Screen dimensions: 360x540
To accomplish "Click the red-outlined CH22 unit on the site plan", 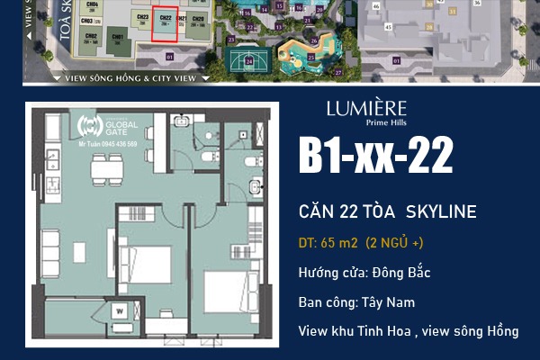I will coord(164,25).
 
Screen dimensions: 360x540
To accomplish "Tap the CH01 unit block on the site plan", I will coord(116,39).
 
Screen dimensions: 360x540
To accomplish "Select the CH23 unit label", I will coord(141,19).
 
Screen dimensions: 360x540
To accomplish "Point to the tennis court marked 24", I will coord(249,61).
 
